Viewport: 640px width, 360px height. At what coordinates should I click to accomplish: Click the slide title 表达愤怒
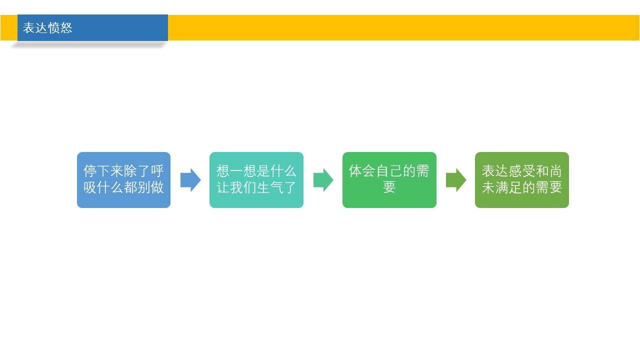point(47,28)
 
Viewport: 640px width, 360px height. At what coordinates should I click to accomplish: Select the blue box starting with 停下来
point(123,179)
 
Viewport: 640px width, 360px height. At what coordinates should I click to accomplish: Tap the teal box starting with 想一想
point(256,179)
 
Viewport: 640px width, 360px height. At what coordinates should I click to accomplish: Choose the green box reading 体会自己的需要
point(389,179)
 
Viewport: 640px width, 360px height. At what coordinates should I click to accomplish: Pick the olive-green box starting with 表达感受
point(521,179)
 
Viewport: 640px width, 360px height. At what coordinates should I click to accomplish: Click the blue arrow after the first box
point(190,180)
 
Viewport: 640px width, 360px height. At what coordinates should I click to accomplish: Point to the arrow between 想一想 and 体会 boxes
point(323,180)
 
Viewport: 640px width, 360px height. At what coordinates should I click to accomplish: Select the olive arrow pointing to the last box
point(456,180)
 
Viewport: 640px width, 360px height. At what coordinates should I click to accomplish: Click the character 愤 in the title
point(53,28)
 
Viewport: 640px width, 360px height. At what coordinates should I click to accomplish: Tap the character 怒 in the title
point(66,28)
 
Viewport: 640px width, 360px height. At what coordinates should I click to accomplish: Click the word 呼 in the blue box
point(157,171)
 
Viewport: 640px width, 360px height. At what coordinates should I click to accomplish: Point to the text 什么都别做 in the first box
point(130,187)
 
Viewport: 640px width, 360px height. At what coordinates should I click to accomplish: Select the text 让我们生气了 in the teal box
point(256,187)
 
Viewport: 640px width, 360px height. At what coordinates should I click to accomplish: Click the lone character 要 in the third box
point(389,187)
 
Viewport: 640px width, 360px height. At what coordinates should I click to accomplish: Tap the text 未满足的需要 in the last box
point(522,187)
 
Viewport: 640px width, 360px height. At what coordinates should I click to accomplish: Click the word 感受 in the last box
point(522,171)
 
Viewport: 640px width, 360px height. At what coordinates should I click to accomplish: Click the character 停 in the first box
point(90,171)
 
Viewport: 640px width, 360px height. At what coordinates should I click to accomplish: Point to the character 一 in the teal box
point(236,171)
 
